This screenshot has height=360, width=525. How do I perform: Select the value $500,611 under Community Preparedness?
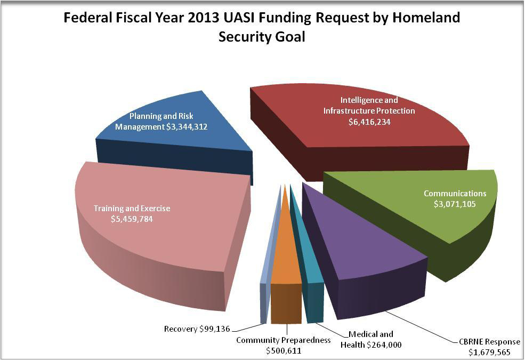(x=284, y=350)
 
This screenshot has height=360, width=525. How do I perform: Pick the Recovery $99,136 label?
(x=197, y=329)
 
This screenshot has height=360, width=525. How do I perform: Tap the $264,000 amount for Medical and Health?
(x=384, y=345)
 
